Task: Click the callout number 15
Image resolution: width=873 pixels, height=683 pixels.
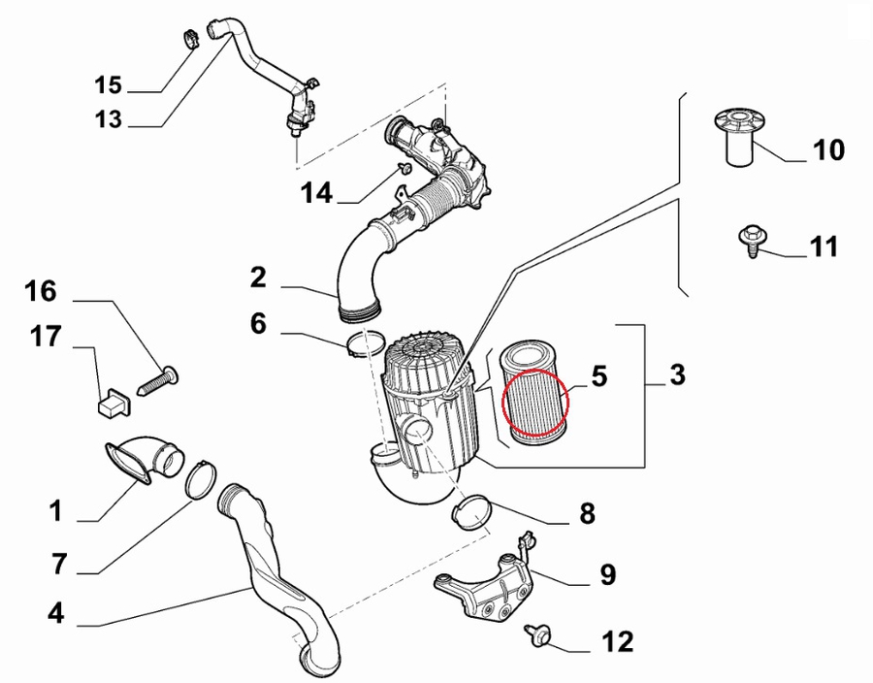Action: (109, 85)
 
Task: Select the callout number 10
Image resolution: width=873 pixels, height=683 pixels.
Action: (827, 150)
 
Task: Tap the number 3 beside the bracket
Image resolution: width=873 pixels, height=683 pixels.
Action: (677, 374)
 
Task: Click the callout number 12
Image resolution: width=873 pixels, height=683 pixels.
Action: (617, 641)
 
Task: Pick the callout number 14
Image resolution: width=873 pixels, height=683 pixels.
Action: (316, 192)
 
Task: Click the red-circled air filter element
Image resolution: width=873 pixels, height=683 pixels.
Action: (534, 402)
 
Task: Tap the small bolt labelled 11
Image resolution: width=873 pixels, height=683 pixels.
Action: (753, 239)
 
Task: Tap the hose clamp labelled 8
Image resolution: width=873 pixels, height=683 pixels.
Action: (471, 511)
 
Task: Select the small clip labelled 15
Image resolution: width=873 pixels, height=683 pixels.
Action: (190, 42)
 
